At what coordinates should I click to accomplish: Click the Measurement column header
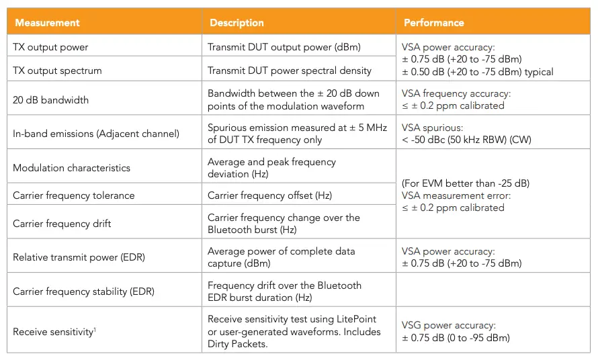[x=47, y=23]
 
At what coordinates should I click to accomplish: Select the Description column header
[x=237, y=23]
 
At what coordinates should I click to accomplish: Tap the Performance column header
[x=433, y=23]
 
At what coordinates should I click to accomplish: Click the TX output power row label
[x=50, y=47]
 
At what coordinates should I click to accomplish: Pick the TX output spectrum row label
[x=57, y=71]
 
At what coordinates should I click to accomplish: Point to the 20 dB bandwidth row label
[x=50, y=99]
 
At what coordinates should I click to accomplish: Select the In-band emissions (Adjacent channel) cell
[x=96, y=134]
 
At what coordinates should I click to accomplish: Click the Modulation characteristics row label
[x=71, y=168]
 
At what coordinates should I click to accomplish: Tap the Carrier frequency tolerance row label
[x=74, y=195]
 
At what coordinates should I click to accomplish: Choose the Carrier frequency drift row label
[x=62, y=223]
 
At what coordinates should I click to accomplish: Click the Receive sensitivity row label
[x=52, y=332]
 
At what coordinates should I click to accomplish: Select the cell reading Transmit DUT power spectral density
[x=290, y=71]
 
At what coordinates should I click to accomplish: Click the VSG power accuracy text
[x=448, y=325]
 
